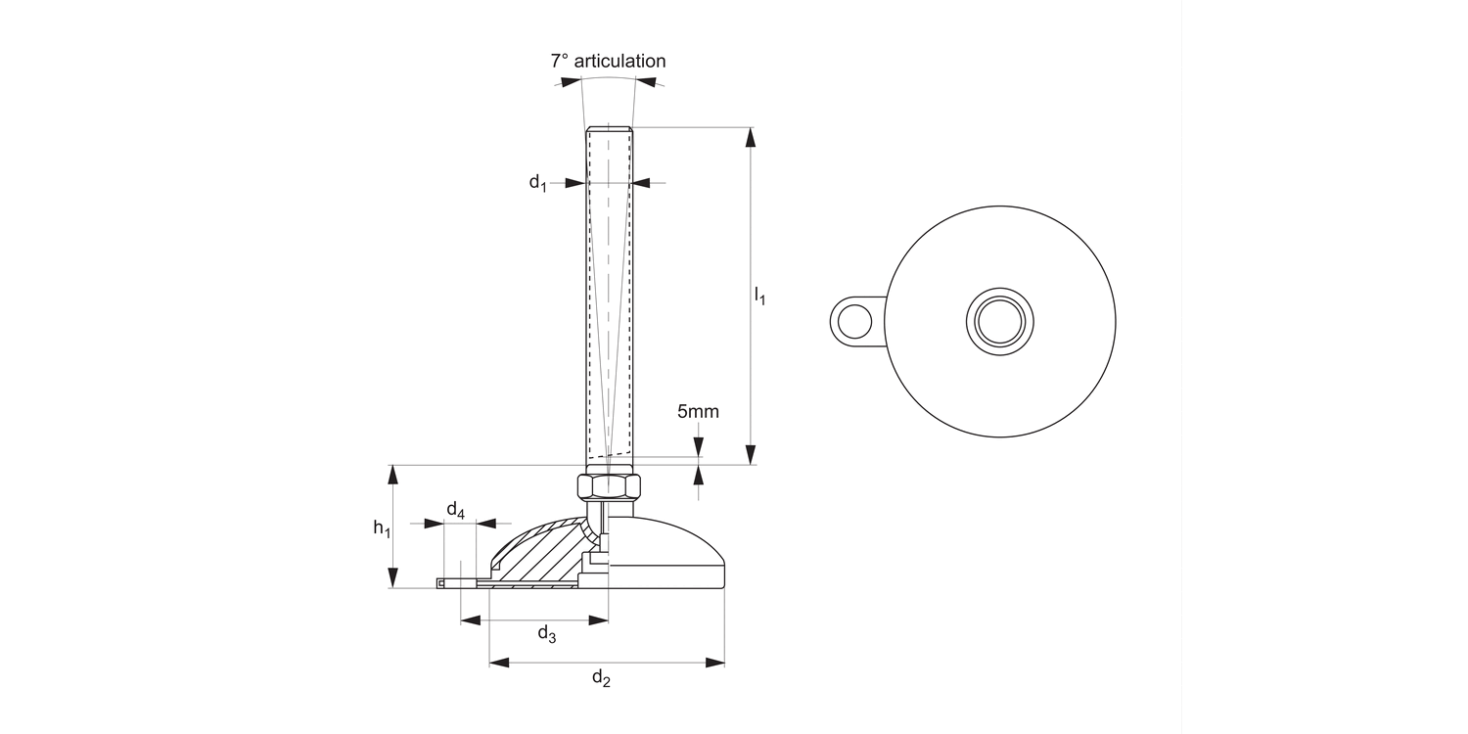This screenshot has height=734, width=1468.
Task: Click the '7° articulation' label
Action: coord(608,61)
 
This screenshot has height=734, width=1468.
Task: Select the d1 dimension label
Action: coord(538,182)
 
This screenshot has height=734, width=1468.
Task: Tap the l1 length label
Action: coord(759,295)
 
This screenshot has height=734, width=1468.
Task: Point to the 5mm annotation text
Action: coord(698,411)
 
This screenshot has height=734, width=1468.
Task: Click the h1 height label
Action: coord(382,528)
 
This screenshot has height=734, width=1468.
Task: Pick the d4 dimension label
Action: coord(456,509)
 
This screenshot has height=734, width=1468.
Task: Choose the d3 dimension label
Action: coord(547,634)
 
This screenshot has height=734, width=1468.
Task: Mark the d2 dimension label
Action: coord(602,678)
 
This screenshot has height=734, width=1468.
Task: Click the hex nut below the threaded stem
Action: coord(608,486)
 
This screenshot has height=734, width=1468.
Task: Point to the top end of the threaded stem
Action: coord(608,129)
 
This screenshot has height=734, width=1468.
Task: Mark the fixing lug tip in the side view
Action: coord(442,584)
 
